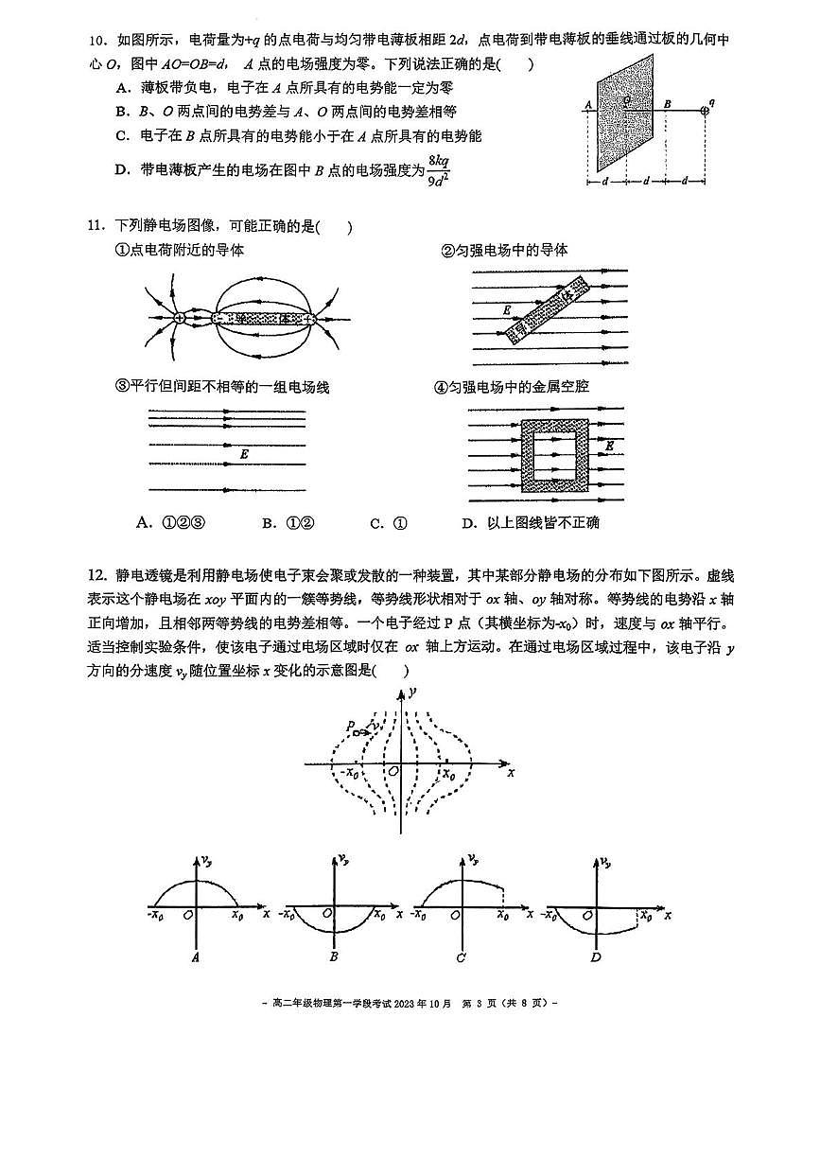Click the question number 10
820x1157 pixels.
coord(95,41)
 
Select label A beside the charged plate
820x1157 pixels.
coord(588,105)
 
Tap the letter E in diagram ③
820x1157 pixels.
coord(244,455)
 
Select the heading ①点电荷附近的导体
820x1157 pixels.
coord(179,251)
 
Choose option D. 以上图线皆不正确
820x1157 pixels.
coord(530,523)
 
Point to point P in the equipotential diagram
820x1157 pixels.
coord(350,727)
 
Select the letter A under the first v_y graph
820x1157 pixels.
coord(196,957)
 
